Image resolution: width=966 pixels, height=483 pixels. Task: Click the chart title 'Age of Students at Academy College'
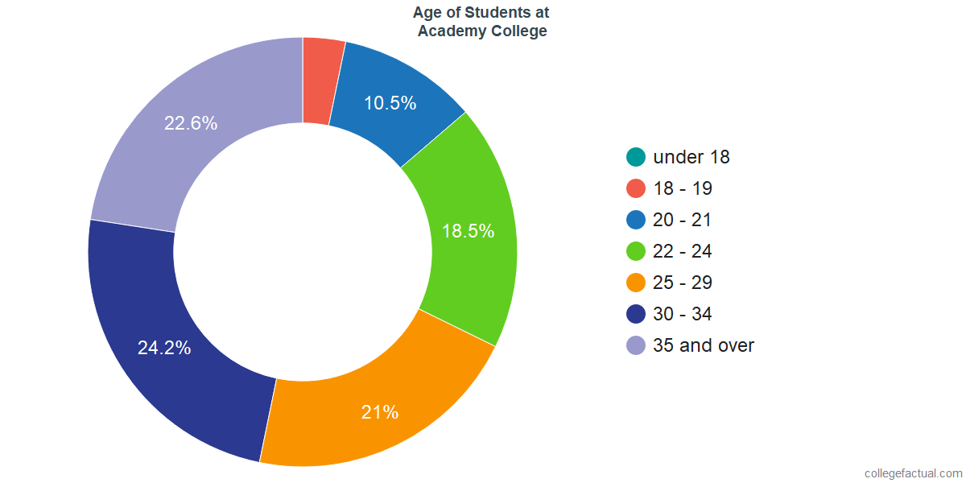[481, 22]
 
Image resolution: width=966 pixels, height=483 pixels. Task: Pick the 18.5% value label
[468, 231]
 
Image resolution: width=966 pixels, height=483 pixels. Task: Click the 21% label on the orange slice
[380, 412]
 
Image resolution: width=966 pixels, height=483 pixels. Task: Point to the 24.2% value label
[164, 349]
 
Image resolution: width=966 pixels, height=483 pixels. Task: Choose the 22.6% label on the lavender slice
[191, 123]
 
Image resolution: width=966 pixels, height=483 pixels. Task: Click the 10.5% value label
[390, 103]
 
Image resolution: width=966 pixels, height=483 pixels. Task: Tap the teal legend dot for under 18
[636, 157]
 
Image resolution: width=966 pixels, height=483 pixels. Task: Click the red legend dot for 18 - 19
[636, 188]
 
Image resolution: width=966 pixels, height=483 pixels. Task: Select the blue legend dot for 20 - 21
[636, 220]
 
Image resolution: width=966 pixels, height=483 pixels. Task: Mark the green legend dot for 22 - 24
[636, 251]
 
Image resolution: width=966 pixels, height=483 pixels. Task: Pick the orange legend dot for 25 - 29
[636, 283]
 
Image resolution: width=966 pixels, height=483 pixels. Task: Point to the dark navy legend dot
[636, 314]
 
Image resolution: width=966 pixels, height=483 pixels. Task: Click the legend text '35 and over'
[704, 345]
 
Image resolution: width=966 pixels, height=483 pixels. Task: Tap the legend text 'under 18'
[691, 157]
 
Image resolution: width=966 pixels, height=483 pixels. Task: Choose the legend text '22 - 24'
[682, 251]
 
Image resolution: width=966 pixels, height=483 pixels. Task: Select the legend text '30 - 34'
[682, 314]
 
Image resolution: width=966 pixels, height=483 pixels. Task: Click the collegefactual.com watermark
[913, 473]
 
